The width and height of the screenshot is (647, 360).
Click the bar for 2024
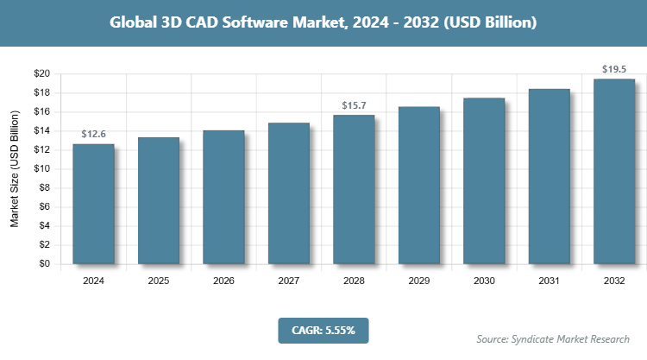93,204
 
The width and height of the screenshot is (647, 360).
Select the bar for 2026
223,198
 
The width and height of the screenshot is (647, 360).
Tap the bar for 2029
418,186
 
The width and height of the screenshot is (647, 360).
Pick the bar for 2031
549,177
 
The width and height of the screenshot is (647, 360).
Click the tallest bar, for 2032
614,172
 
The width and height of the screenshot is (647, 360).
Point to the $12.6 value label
93,135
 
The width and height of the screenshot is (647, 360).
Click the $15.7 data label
354,105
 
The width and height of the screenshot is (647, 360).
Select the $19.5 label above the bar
614,69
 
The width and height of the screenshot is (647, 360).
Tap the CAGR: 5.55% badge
323,330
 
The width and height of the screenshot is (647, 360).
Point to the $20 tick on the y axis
41,73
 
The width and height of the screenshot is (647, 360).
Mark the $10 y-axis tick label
41,169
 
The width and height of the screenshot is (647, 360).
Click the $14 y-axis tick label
41,130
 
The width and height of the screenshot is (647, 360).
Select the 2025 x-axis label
159,281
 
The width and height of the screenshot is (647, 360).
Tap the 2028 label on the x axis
354,281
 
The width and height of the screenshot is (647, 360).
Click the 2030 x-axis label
484,281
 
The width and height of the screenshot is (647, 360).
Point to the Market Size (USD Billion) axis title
15,169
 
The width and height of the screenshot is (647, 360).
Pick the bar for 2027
289,193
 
